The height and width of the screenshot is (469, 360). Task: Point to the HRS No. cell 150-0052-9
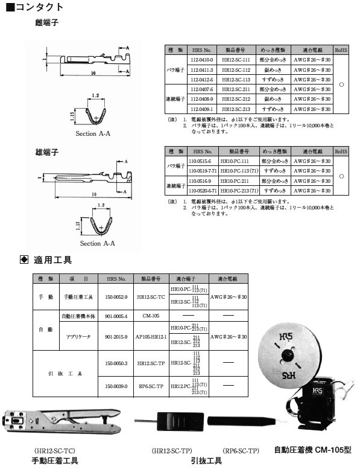pyautogui.click(x=116, y=298)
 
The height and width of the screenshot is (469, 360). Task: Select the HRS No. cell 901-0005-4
pyautogui.click(x=116, y=315)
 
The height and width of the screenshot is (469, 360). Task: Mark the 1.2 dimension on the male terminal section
pyautogui.click(x=101, y=206)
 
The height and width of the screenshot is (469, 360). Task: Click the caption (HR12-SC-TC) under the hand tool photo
pyautogui.click(x=55, y=450)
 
